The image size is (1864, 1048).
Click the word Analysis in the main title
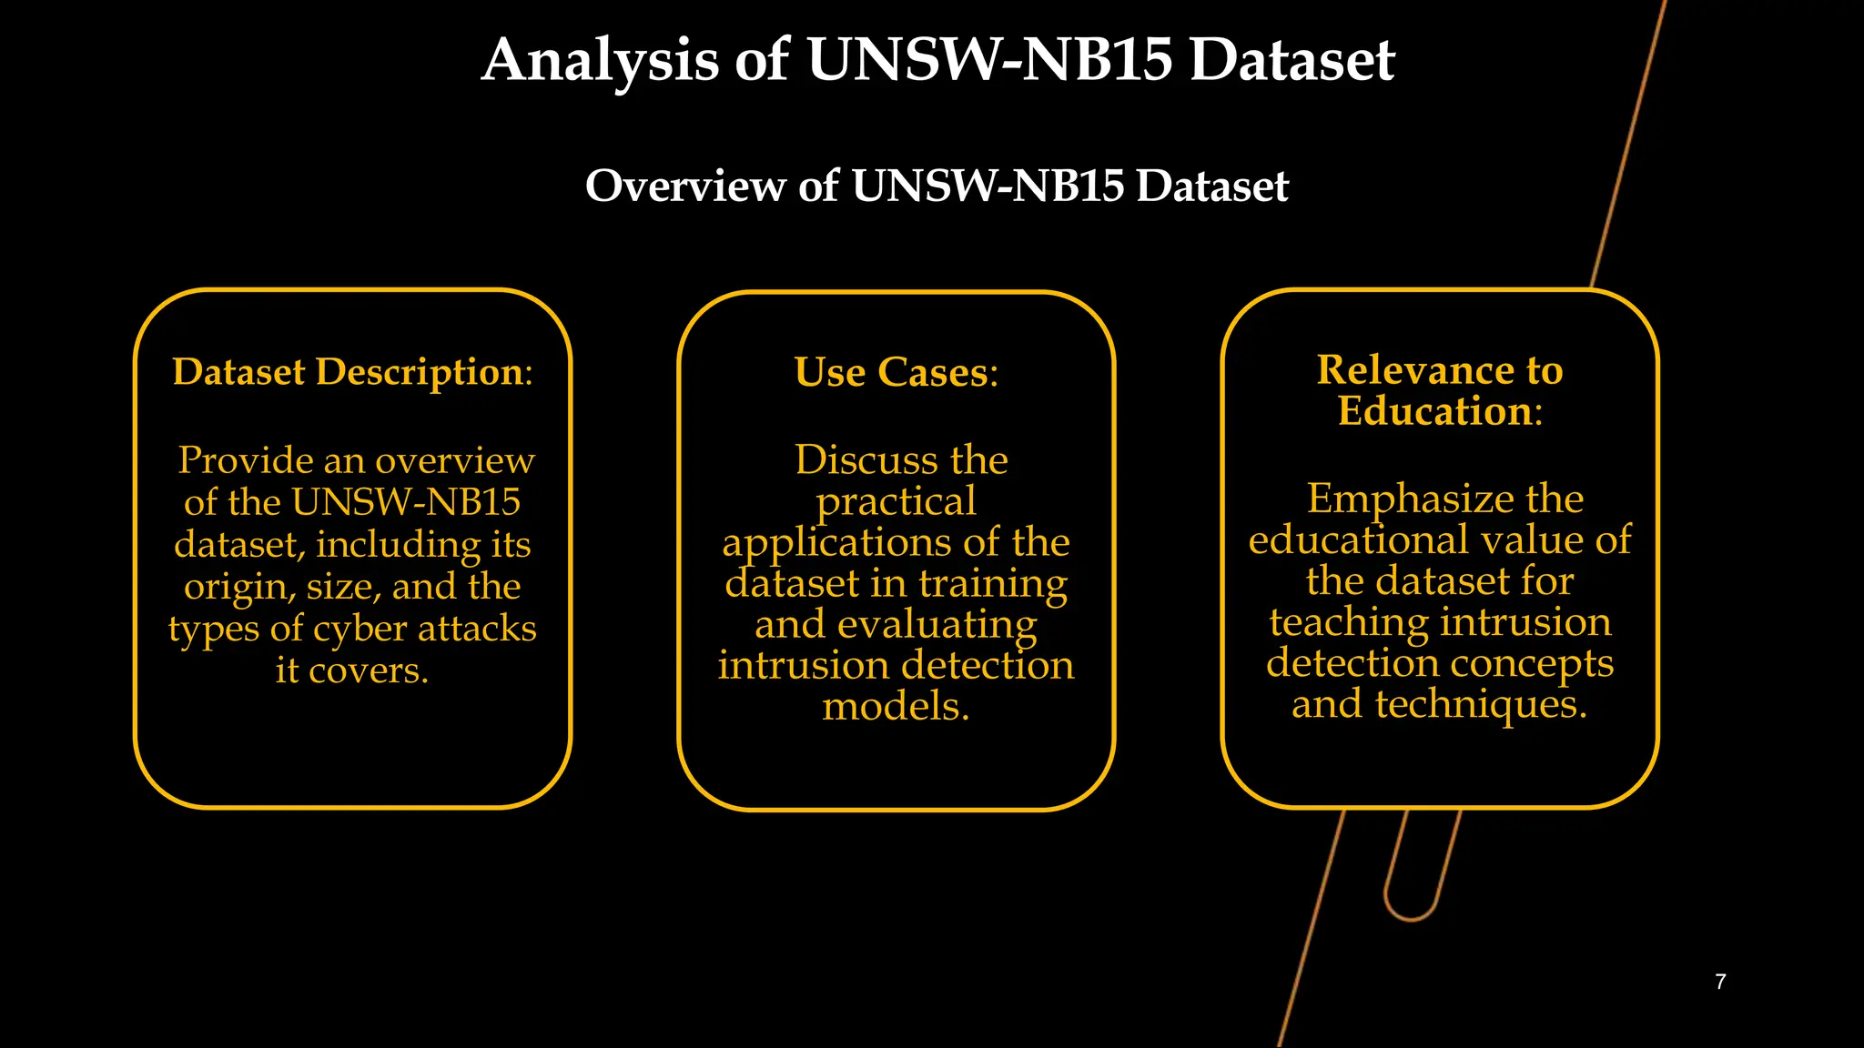point(600,61)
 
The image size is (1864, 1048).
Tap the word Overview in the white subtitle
point(684,186)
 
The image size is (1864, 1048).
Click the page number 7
point(1720,982)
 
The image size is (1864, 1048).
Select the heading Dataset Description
point(351,372)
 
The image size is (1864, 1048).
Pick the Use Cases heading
point(896,372)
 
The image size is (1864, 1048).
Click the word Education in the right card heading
point(1435,411)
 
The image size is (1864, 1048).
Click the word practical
point(896,502)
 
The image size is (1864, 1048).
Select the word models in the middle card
point(896,707)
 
